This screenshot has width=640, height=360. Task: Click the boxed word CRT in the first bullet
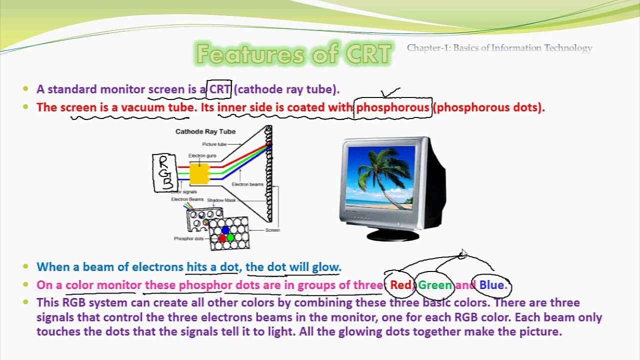coord(219,90)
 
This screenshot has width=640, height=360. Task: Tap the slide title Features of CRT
coord(293,54)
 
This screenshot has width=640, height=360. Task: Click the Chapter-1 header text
coord(499,48)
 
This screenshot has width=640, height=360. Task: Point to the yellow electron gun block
coord(198,173)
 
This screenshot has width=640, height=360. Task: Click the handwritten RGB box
coord(164,173)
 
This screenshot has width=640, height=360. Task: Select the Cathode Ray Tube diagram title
coord(205,131)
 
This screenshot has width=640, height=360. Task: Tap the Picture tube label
coord(214,144)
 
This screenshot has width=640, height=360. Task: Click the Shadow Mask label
coord(221,200)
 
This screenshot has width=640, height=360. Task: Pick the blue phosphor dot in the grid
coord(225,230)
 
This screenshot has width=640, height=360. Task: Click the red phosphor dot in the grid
coord(222,238)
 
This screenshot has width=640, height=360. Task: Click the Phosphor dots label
coord(188,238)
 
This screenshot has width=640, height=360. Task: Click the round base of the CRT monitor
coord(392,235)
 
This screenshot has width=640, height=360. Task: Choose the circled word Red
coord(400,285)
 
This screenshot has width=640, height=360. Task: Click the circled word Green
coord(435,285)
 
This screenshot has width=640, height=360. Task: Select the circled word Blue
coord(492,285)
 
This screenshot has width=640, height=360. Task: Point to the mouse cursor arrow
coord(464,253)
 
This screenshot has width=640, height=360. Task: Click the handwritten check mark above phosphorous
coord(390,93)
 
